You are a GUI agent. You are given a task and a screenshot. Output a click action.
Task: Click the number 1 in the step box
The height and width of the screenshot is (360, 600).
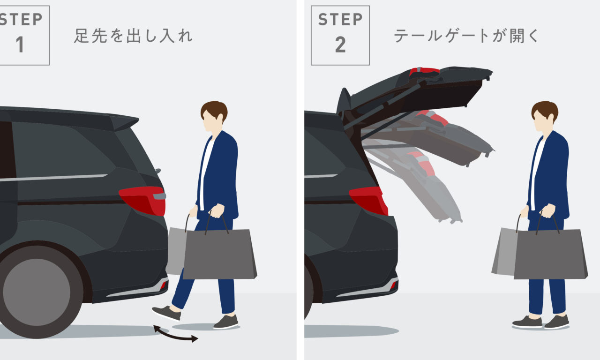pos(20,44)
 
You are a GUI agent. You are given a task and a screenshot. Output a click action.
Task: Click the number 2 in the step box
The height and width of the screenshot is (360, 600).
pos(340,45)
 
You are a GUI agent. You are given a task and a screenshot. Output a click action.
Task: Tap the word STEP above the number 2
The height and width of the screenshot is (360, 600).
pos(340,19)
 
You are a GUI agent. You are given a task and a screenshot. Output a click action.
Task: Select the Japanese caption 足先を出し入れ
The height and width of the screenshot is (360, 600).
pos(133,36)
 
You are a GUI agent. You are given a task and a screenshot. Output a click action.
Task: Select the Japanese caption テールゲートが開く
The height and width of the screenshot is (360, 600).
pos(466,36)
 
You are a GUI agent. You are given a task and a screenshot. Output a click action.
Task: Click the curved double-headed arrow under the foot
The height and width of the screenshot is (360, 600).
pos(175,334)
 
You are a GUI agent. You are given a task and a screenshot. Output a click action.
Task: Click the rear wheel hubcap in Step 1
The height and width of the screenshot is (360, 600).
pos(37,292)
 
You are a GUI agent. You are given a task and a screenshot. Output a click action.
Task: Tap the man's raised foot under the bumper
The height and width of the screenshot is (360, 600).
pos(166,313)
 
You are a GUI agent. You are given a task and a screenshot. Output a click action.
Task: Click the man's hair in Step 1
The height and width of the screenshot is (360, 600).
pos(215,110)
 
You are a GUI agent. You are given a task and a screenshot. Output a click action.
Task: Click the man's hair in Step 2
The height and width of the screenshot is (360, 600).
pos(545,110)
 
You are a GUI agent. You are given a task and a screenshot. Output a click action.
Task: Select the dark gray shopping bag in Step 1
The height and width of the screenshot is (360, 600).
pos(220,254)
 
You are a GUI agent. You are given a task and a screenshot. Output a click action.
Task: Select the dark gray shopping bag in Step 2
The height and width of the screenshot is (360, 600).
pos(551,254)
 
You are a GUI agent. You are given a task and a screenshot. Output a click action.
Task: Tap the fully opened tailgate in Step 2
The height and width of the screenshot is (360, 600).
pos(418,91)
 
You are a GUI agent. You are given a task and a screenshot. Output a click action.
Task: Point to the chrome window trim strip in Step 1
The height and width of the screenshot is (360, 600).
pos(53,178)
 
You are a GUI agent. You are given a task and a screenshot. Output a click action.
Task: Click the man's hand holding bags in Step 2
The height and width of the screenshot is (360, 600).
pos(548,210)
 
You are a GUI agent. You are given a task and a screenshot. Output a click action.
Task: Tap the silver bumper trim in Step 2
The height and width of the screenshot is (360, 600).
pos(367,289)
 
